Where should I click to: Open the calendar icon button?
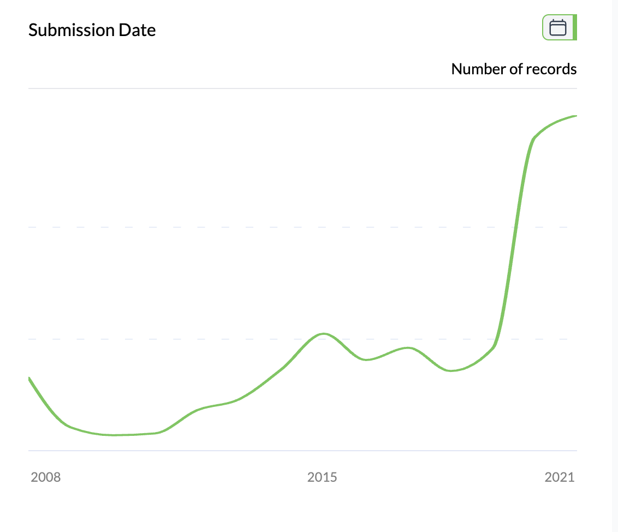(557, 27)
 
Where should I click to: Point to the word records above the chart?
(551, 69)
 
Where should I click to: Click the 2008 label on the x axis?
(46, 477)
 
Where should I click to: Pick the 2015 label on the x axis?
(322, 477)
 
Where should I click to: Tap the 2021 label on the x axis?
(560, 477)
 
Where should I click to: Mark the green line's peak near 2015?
(323, 333)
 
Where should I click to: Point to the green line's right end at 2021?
(576, 116)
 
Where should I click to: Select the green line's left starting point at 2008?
(29, 378)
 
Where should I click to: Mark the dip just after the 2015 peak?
(367, 359)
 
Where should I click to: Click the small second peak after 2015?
(407, 347)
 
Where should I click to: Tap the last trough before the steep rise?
(450, 371)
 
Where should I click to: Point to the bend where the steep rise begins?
(494, 346)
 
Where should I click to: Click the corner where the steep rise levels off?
(533, 139)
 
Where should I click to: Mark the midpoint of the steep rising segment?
(513, 240)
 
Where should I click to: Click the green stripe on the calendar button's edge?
(575, 27)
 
